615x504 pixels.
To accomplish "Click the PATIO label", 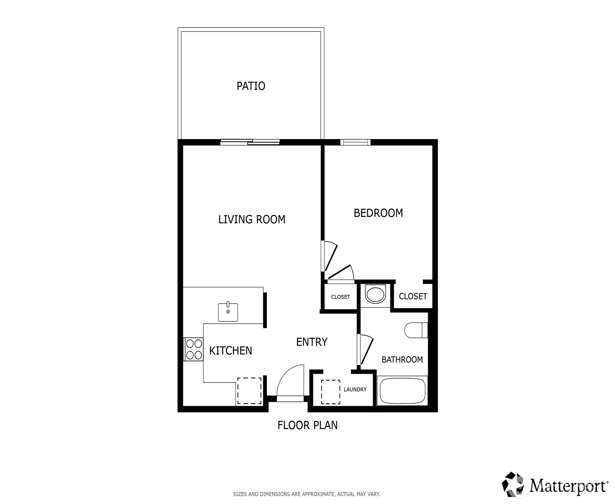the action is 251,86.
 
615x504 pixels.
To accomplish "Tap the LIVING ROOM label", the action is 252,220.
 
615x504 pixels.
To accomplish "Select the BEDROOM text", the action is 378,213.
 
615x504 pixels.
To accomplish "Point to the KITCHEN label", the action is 230,350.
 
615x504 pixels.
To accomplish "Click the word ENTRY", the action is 312,342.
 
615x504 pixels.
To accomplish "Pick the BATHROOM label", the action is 402,360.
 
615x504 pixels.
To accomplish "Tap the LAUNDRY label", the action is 355,389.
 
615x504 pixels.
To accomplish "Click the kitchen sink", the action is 228,312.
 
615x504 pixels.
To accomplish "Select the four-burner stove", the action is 193,349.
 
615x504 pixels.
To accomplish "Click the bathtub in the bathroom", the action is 402,391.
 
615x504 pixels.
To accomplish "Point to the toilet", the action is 416,330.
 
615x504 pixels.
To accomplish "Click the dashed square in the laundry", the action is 331,392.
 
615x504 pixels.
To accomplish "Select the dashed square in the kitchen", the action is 249,391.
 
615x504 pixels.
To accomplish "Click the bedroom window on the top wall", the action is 355,142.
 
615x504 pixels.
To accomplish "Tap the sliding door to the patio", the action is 250,142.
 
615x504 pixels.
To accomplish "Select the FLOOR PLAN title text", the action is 307,425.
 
